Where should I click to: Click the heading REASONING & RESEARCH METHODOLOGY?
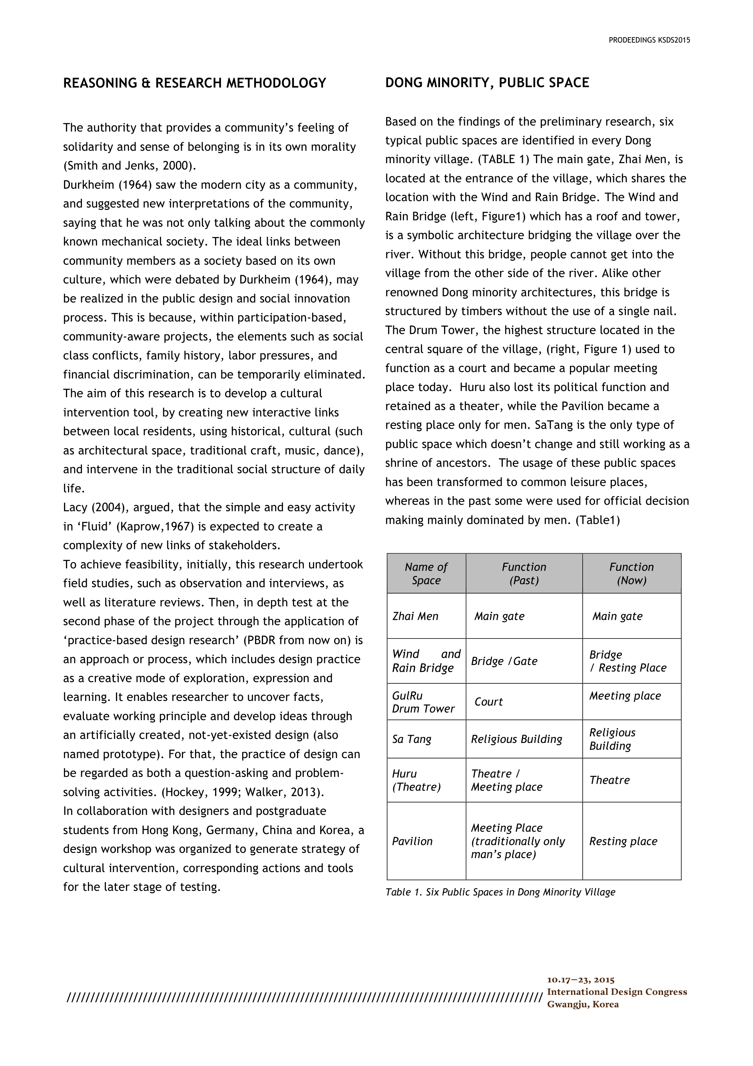[x=194, y=83]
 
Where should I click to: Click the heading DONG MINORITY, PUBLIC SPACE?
[x=487, y=83]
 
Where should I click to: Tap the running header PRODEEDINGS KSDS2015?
[x=649, y=40]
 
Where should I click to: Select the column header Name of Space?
[x=426, y=573]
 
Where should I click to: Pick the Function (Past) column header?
[x=524, y=573]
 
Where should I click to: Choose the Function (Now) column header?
[x=631, y=573]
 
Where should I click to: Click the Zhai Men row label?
[x=415, y=616]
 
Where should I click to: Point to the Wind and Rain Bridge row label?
[x=426, y=661]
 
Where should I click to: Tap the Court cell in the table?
[x=488, y=701]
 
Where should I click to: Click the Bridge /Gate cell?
[x=504, y=661]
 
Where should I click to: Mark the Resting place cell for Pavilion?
[x=623, y=841]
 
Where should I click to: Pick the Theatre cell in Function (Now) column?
[x=609, y=780]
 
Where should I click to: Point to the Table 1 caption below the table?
[x=500, y=892]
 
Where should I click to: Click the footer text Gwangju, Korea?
[x=583, y=1004]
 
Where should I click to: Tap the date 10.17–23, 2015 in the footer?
[x=580, y=980]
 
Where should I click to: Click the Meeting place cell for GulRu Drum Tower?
[x=625, y=695]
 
